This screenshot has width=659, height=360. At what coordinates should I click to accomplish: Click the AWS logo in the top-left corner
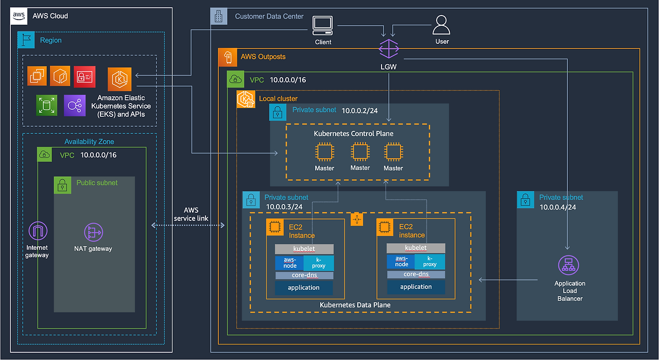pyautogui.click(x=19, y=16)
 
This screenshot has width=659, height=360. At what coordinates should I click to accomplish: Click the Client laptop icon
pyautogui.click(x=323, y=25)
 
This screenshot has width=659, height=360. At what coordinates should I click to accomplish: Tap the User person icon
pyautogui.click(x=442, y=25)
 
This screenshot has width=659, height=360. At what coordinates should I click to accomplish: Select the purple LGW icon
pyautogui.click(x=389, y=48)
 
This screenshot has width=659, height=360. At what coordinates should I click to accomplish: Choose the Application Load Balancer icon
pyautogui.click(x=568, y=266)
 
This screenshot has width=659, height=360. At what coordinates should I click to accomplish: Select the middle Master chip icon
pyautogui.click(x=360, y=152)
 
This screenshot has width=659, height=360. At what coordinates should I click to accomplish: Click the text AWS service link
pyautogui.click(x=191, y=214)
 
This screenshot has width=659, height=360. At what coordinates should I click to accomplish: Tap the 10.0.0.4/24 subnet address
pyautogui.click(x=558, y=207)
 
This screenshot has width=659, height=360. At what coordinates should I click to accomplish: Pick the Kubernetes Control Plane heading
pyautogui.click(x=354, y=133)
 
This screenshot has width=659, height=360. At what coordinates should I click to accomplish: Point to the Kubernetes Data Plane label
pyautogui.click(x=355, y=305)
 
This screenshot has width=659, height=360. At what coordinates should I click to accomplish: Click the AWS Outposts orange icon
pyautogui.click(x=227, y=57)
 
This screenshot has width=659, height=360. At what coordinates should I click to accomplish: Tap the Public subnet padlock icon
pyautogui.click(x=62, y=185)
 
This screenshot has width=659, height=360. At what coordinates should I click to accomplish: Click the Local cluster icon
pyautogui.click(x=246, y=99)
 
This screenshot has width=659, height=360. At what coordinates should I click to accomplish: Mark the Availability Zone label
pyautogui.click(x=89, y=142)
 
